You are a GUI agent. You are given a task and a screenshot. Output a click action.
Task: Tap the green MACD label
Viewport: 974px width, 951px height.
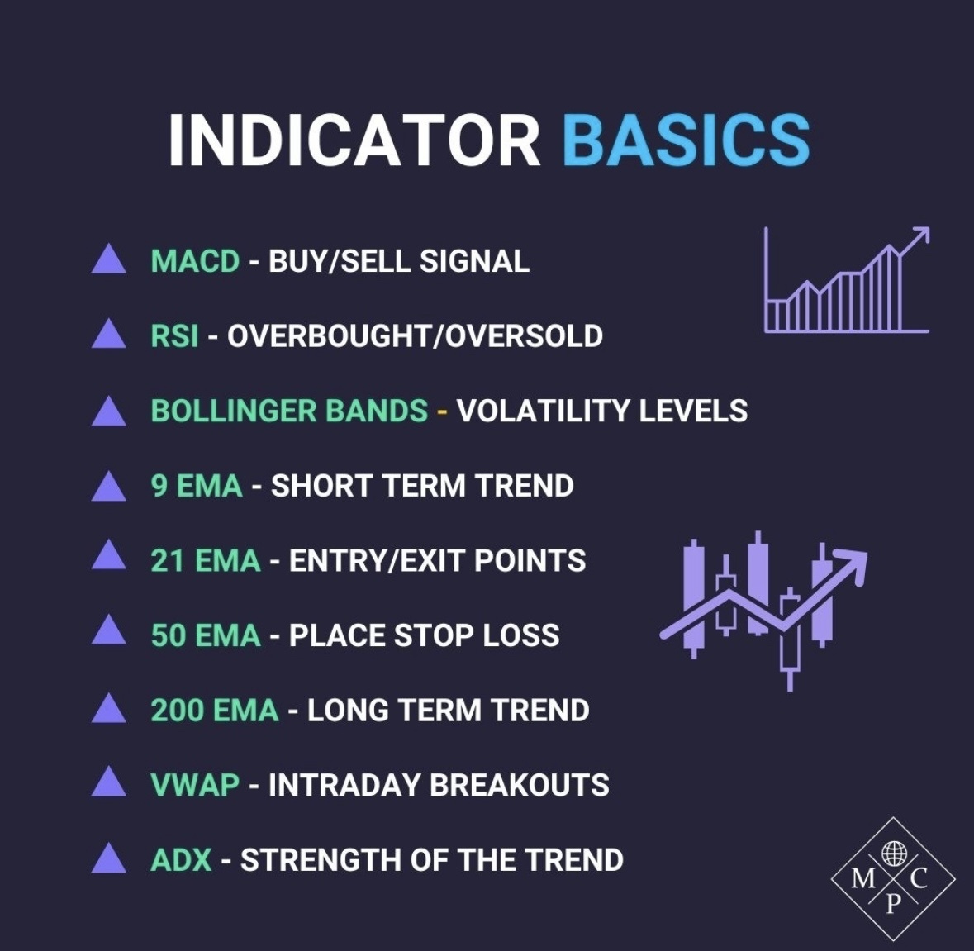pyautogui.click(x=195, y=260)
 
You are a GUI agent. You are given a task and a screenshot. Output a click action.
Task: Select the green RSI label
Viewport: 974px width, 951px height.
pyautogui.click(x=174, y=335)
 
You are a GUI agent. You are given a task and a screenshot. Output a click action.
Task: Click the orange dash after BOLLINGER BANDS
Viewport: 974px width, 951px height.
pyautogui.click(x=442, y=411)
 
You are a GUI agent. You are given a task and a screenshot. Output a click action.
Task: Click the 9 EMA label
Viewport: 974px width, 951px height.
pyautogui.click(x=197, y=485)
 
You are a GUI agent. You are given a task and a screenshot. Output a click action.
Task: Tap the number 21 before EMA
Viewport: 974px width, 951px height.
pyautogui.click(x=167, y=560)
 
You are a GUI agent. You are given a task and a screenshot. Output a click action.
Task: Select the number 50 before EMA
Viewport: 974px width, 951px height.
pyautogui.click(x=168, y=635)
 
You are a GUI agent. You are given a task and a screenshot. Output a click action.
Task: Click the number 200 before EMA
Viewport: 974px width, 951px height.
pyautogui.click(x=177, y=710)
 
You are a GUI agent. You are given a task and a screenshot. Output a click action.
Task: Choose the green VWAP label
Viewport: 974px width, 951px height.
pyautogui.click(x=195, y=785)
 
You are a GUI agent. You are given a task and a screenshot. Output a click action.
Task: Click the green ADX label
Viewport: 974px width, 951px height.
pyautogui.click(x=182, y=859)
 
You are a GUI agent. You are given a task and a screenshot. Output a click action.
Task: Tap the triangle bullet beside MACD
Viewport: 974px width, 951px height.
pyautogui.click(x=109, y=260)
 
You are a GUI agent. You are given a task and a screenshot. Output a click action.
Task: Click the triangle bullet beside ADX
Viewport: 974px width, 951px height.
pyautogui.click(x=109, y=859)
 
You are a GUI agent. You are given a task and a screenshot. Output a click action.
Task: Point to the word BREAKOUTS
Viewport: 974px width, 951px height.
pyautogui.click(x=520, y=785)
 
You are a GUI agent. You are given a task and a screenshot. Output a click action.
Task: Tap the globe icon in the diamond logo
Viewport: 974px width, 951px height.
pyautogui.click(x=894, y=853)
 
